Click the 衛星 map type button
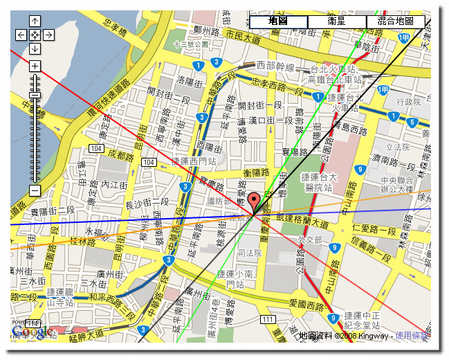click(x=336, y=21)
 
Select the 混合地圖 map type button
click(x=395, y=21)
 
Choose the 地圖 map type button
click(x=278, y=21)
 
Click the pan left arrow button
click(x=21, y=35)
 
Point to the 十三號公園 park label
click(x=191, y=44)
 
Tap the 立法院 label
click(x=398, y=147)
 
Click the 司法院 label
click(x=250, y=253)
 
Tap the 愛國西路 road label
click(x=306, y=303)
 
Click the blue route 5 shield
click(x=412, y=123)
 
